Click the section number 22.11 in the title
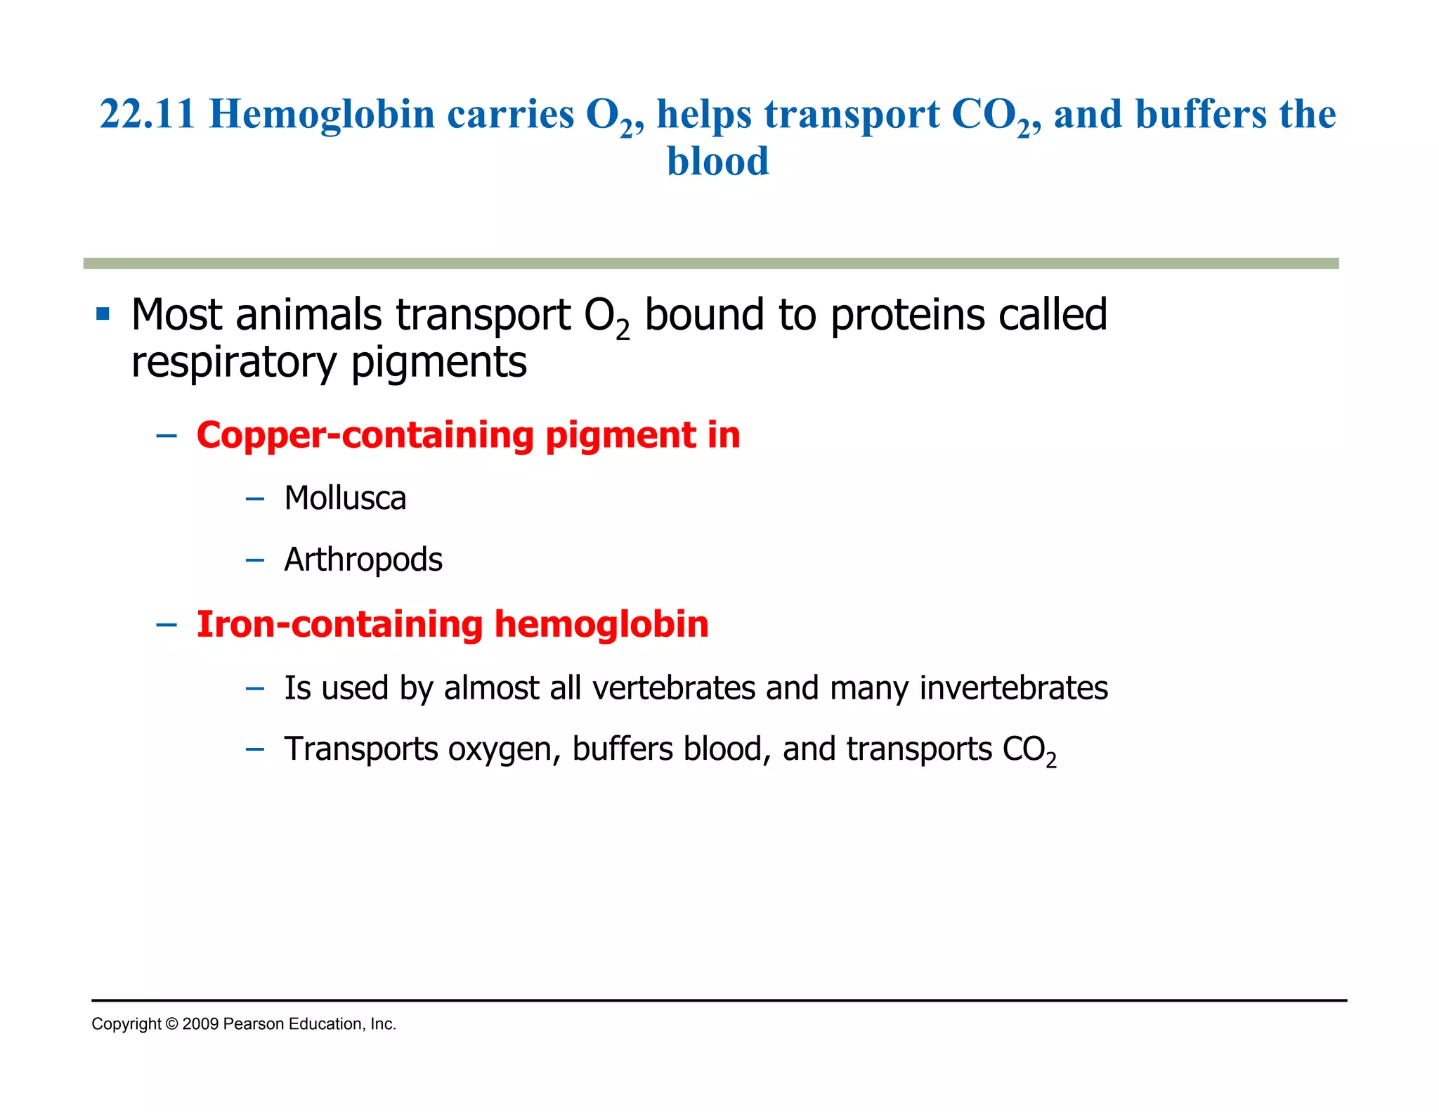(x=147, y=114)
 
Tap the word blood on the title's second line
(x=717, y=162)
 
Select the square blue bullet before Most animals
(x=103, y=313)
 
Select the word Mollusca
(x=345, y=498)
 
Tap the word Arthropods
(x=363, y=560)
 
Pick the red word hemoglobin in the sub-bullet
(x=601, y=624)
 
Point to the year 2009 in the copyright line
(x=200, y=1024)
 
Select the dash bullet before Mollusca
(x=255, y=499)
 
